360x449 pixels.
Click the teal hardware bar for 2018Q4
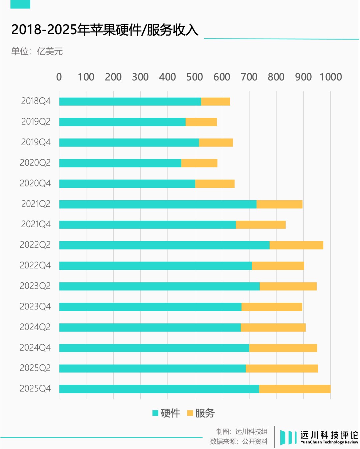click(130, 102)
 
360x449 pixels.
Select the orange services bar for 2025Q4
click(295, 389)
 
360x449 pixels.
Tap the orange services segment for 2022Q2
click(296, 245)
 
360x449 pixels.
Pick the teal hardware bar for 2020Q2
click(120, 163)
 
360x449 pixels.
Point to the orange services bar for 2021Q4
click(261, 225)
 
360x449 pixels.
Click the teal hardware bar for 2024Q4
click(154, 348)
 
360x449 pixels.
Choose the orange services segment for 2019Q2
click(201, 122)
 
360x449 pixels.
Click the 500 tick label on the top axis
click(194, 77)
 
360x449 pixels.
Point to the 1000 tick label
click(331, 77)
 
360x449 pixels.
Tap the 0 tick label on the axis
click(59, 77)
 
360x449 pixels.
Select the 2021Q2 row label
click(36, 204)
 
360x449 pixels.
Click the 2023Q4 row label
click(35, 306)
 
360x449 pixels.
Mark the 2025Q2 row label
click(35, 368)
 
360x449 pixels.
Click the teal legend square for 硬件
click(155, 413)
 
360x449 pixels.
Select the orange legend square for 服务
click(190, 413)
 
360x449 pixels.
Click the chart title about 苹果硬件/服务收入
click(105, 30)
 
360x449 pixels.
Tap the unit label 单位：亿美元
click(37, 51)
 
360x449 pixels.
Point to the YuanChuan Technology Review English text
click(329, 442)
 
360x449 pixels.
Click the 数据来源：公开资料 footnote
click(239, 442)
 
